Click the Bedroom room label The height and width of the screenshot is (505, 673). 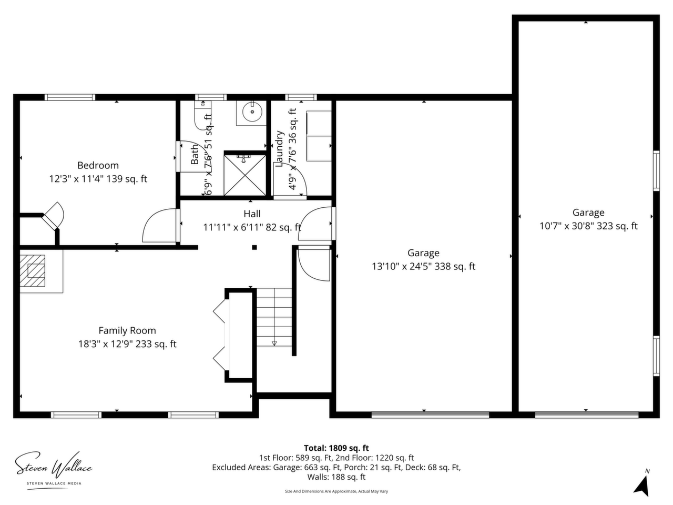point(98,166)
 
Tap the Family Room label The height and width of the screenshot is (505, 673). point(127,330)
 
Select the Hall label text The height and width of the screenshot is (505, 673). point(252,214)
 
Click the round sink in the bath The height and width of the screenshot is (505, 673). point(252,112)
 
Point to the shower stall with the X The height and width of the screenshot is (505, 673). point(245,175)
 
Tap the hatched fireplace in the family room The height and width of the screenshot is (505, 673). point(33,271)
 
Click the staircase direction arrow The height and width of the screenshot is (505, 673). point(274,344)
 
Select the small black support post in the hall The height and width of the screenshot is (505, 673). point(254,247)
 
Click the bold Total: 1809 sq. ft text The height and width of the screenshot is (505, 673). point(336,448)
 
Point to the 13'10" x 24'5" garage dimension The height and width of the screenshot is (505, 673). point(423,266)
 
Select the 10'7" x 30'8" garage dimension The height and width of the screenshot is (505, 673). point(588,226)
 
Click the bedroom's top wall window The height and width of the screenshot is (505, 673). point(70,97)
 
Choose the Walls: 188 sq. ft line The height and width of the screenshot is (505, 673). point(336,477)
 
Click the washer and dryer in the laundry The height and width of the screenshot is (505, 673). point(319,136)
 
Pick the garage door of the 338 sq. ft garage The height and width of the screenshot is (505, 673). point(430,415)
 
